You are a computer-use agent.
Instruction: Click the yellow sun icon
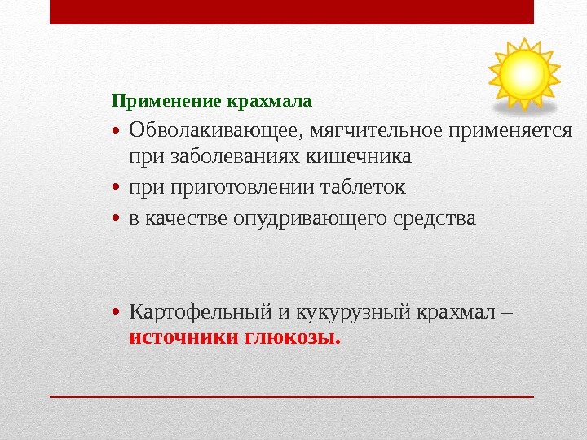pos(523,73)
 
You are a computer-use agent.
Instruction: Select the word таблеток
pos(365,188)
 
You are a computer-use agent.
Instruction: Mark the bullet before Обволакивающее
pos(118,132)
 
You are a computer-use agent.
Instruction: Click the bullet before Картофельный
pos(118,314)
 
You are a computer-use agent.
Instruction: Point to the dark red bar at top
pos(292,11)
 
